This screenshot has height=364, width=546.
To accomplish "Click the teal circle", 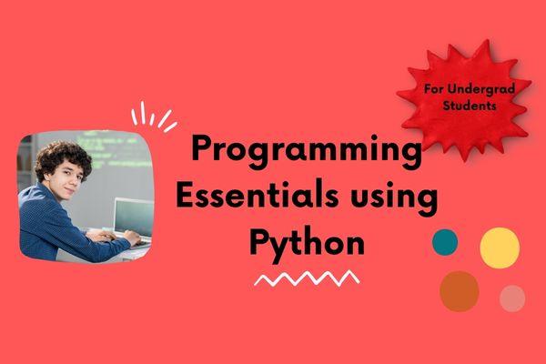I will [445, 241].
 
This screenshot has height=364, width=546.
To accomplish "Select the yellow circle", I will [500, 247].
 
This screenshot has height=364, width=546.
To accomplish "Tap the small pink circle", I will [512, 298].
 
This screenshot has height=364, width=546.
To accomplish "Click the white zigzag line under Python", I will [307, 278].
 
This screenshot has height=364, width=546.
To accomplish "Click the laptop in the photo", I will [132, 219].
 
